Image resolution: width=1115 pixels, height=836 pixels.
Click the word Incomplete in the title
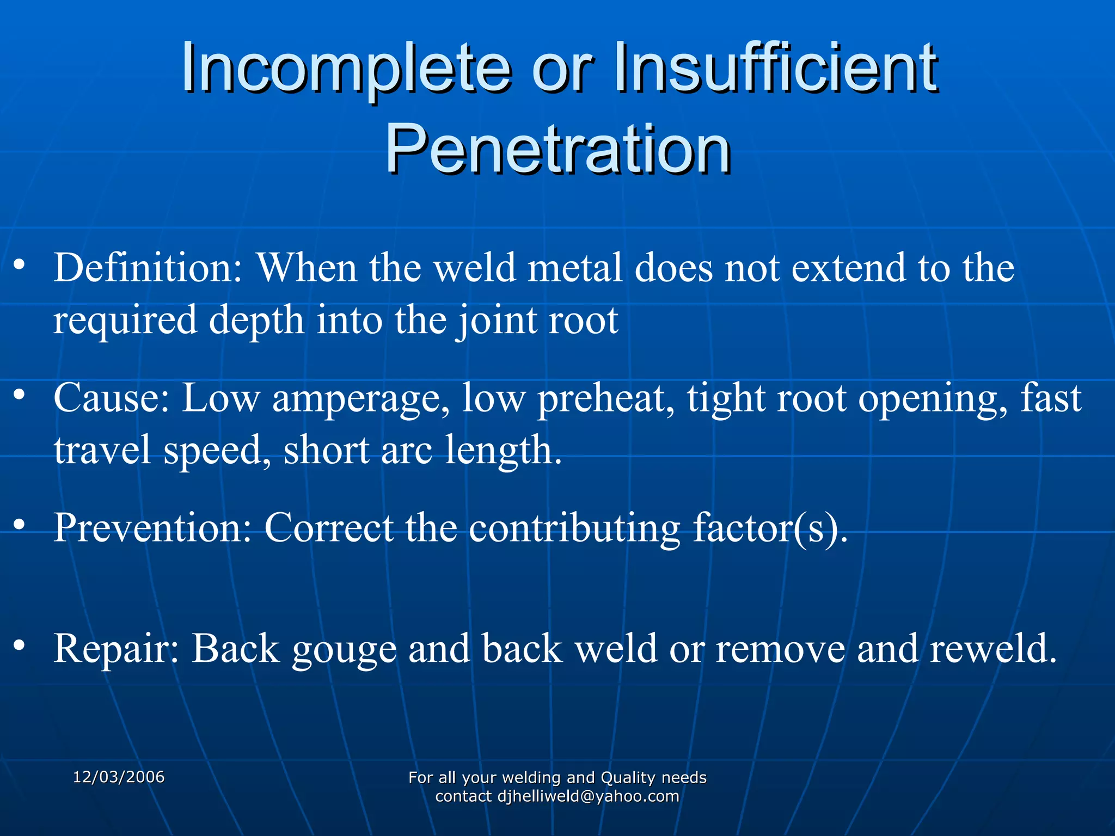pyautogui.click(x=346, y=69)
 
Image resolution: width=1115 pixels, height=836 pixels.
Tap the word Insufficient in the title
pyautogui.click(x=775, y=69)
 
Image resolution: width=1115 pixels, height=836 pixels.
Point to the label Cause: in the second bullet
pyautogui.click(x=112, y=398)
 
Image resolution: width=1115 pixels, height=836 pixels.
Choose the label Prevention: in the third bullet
pyautogui.click(x=153, y=527)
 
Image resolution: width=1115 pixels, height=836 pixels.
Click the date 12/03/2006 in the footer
pyautogui.click(x=119, y=777)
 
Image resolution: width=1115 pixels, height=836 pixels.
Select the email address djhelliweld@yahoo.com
pyautogui.click(x=589, y=796)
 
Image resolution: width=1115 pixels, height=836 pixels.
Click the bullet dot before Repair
pyautogui.click(x=20, y=646)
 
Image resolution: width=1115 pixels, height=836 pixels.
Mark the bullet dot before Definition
pyautogui.click(x=20, y=265)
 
